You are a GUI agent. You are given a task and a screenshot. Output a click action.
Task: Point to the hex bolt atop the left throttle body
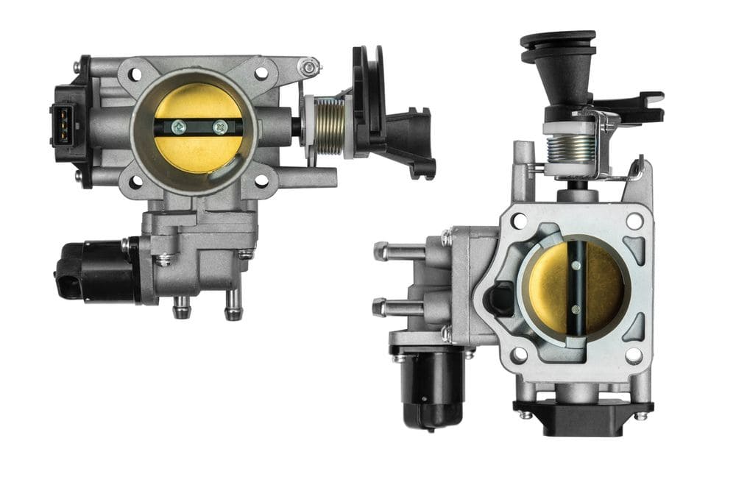click(x=310, y=68)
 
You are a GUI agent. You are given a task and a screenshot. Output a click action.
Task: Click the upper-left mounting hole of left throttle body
click(x=135, y=74)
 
